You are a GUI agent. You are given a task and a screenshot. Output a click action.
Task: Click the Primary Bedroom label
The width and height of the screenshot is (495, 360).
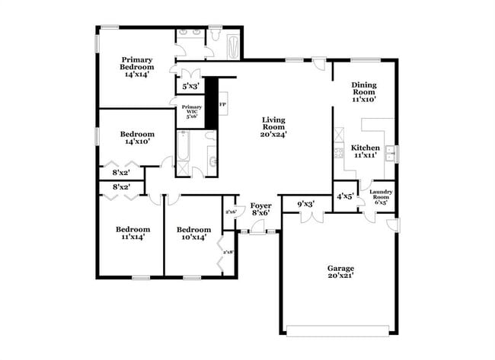coord(137,67)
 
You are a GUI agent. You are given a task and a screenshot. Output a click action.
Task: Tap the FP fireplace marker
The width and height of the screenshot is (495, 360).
coord(223,104)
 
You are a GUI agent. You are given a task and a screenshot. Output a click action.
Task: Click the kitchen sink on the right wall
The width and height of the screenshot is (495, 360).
coord(390,153)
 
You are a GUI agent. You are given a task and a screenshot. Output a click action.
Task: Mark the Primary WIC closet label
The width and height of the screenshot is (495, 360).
coord(192,111)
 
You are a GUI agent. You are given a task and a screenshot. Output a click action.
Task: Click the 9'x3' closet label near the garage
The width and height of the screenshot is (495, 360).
coord(306,204)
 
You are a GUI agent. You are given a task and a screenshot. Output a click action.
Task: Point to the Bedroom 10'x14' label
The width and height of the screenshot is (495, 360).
coord(193,233)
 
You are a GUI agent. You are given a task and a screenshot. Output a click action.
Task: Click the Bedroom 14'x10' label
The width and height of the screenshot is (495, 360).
coord(137,138)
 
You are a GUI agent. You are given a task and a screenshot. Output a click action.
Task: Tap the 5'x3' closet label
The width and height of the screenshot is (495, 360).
coord(189,87)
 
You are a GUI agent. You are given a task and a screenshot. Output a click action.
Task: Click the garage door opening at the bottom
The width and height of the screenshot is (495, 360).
coord(339,329)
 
